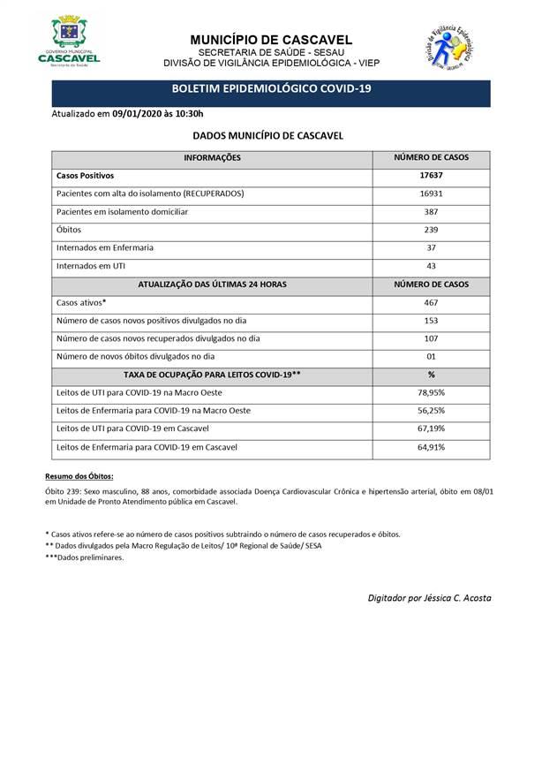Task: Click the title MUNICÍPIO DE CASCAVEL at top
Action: coord(271,40)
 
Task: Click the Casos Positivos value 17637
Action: coord(431,175)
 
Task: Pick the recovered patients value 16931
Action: coord(431,193)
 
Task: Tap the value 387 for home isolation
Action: coord(431,212)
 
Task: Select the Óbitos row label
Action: coord(68,230)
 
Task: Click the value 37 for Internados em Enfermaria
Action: coord(431,248)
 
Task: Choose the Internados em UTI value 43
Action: coord(431,266)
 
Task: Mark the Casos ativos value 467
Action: coord(431,302)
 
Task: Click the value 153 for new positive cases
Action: coord(431,321)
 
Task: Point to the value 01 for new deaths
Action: coord(431,356)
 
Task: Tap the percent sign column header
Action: coord(431,375)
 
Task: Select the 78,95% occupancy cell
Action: coord(431,392)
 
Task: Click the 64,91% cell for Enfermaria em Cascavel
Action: coord(431,447)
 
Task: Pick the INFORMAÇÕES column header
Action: coord(212,157)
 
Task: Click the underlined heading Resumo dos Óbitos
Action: coord(79,476)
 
